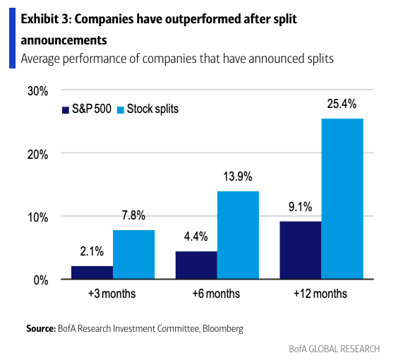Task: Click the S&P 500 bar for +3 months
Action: [92, 272]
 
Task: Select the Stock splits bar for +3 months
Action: [133, 254]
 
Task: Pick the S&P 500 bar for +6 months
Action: [196, 265]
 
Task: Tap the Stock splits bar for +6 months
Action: [238, 235]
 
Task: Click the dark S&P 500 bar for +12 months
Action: [301, 250]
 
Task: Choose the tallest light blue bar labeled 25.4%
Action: [342, 199]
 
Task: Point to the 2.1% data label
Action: [92, 251]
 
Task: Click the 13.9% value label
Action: [238, 176]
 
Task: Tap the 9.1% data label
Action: [300, 207]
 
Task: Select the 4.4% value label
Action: [196, 236]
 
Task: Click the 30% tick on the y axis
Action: [38, 91]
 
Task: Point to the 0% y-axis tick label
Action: [41, 280]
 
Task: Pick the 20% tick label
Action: [38, 155]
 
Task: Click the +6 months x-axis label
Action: [216, 294]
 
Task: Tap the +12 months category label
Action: [320, 294]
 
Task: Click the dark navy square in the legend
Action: [66, 110]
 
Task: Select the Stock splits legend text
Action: [152, 109]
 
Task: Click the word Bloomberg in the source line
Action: [223, 329]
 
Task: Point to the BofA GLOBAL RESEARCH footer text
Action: [335, 349]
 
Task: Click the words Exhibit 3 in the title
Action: [45, 19]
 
